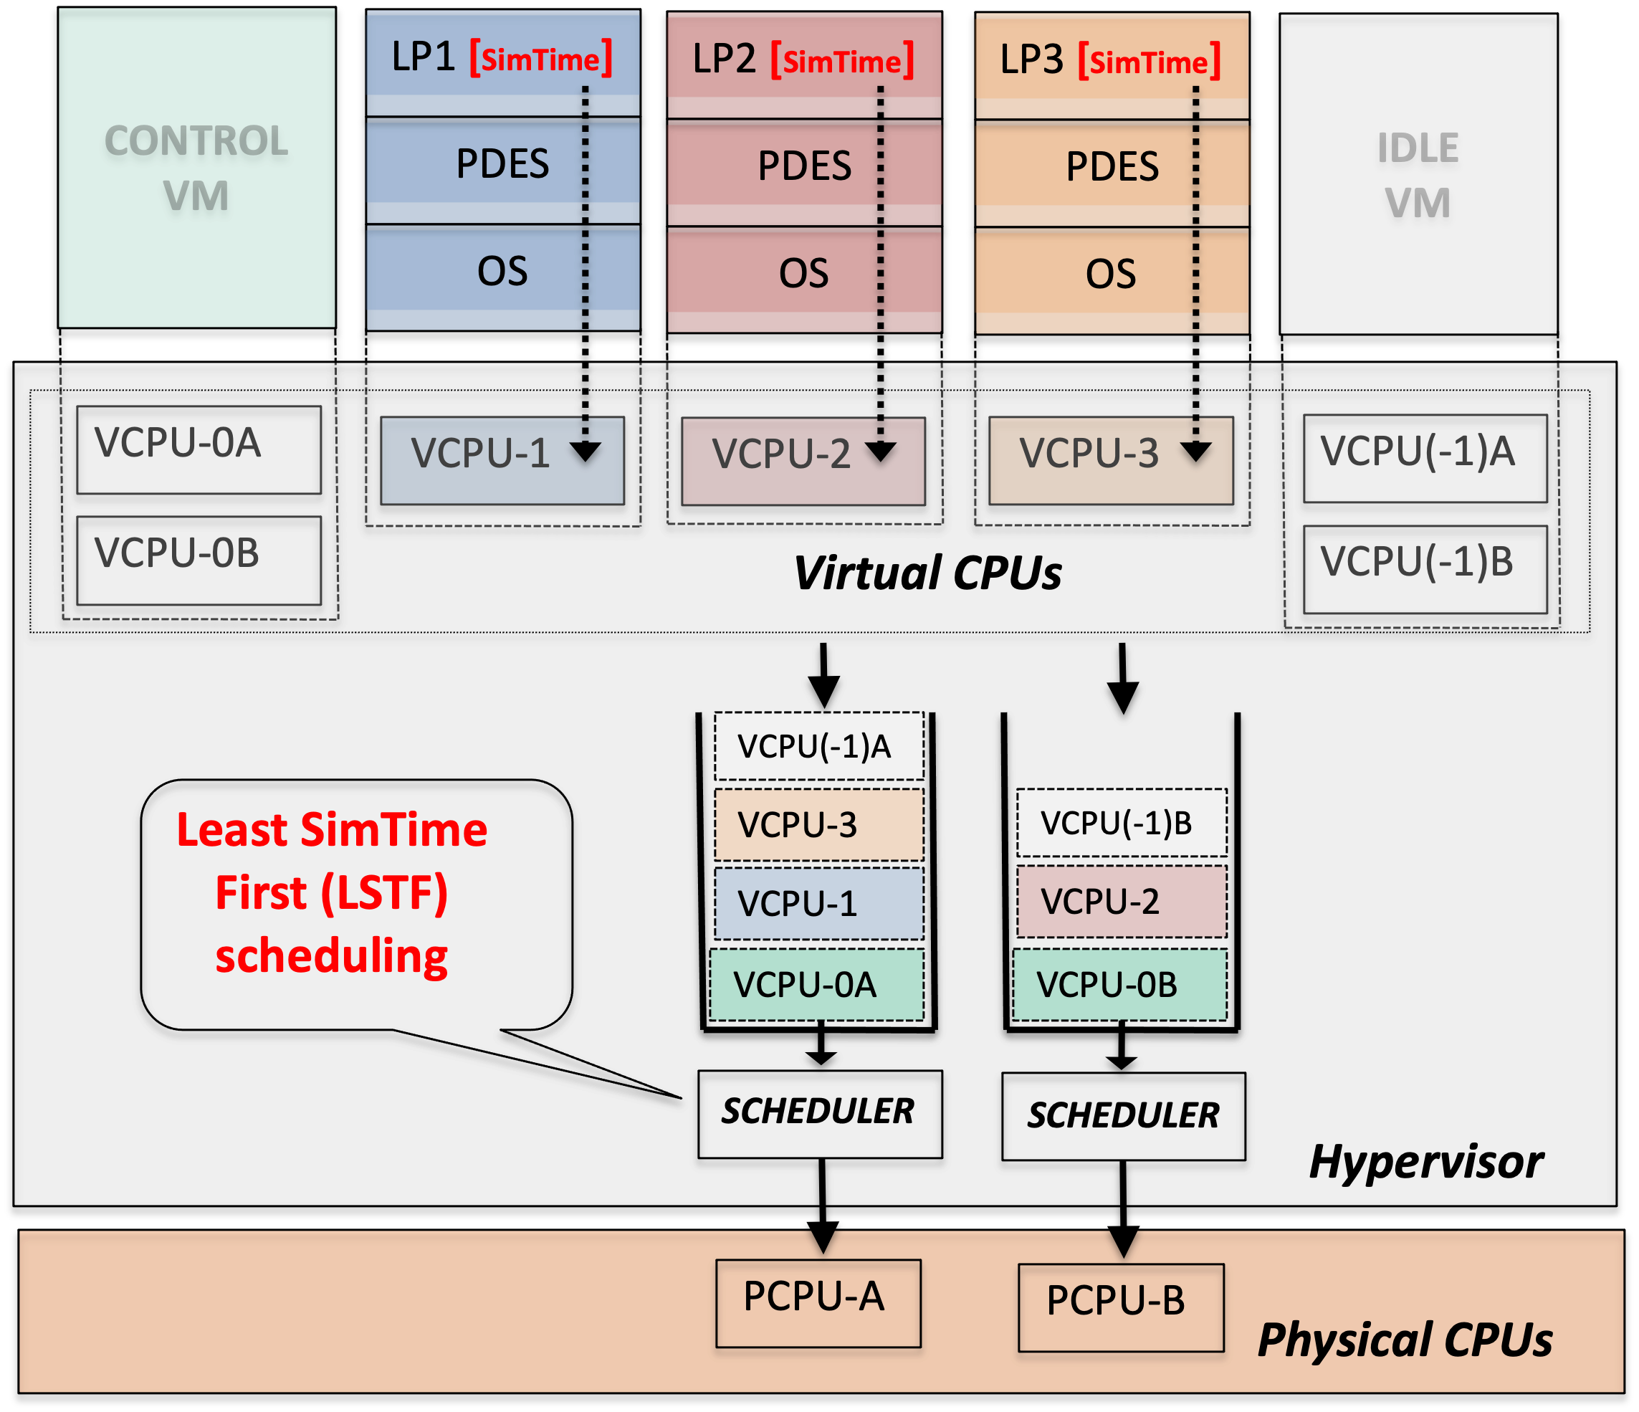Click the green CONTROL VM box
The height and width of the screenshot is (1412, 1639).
[x=196, y=168]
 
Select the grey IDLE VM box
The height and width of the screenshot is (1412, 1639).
[x=1418, y=174]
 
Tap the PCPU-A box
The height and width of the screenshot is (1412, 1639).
[x=818, y=1303]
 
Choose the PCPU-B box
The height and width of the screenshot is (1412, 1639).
[x=1120, y=1307]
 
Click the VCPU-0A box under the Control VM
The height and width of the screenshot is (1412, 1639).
[x=199, y=449]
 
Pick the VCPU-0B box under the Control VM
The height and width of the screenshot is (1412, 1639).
[x=199, y=560]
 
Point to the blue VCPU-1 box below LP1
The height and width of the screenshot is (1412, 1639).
[x=502, y=460]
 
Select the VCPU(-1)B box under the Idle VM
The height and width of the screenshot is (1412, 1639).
[x=1425, y=569]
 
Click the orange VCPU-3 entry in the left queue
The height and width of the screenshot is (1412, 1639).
[x=818, y=824]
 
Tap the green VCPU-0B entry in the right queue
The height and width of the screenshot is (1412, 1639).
[x=1120, y=985]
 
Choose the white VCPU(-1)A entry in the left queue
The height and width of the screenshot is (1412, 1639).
[x=818, y=746]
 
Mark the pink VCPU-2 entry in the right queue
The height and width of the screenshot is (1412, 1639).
[x=1121, y=901]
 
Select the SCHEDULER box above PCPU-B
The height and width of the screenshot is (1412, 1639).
[x=1123, y=1116]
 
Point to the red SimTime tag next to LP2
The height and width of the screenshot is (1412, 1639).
[x=843, y=61]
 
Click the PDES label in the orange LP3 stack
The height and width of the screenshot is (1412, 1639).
[x=1112, y=166]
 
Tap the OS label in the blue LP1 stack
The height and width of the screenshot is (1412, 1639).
[x=502, y=272]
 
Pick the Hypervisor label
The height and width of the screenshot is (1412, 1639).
[x=1425, y=1162]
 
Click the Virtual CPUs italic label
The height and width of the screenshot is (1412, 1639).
[x=927, y=573]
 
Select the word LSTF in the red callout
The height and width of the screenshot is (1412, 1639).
[x=384, y=893]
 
